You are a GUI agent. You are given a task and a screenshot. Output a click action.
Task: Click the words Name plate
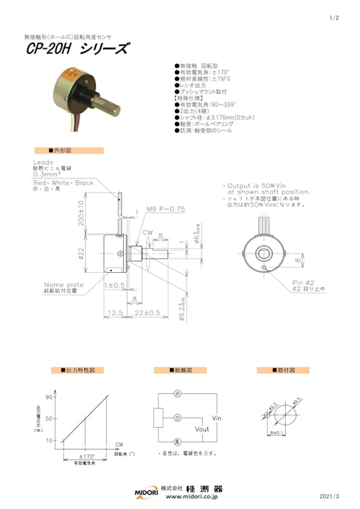pos(63,283)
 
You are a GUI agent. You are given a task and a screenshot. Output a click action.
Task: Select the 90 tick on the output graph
pos(50,397)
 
